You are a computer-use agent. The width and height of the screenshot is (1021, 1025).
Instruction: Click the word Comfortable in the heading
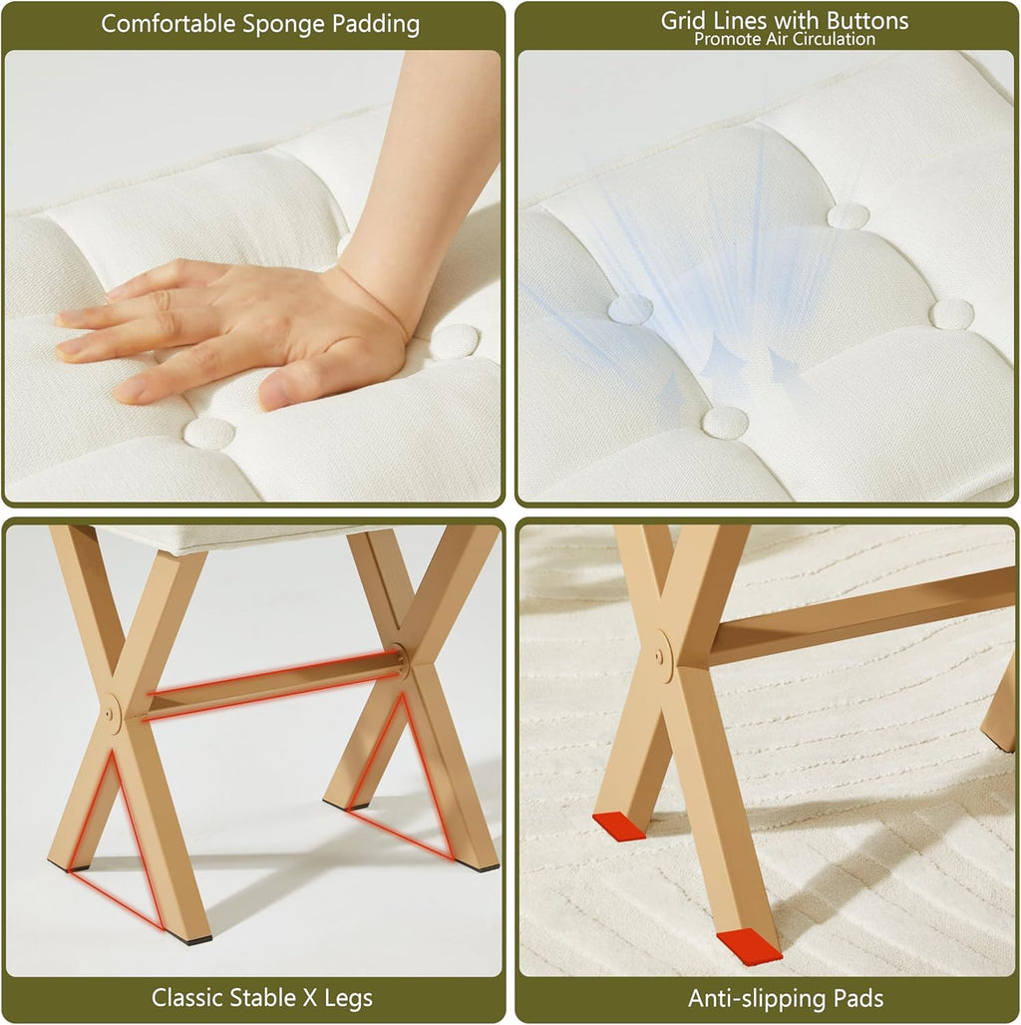coord(168,24)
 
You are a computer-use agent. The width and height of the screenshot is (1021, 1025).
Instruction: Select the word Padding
coord(376,25)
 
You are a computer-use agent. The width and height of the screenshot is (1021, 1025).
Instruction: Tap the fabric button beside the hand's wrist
coord(455,341)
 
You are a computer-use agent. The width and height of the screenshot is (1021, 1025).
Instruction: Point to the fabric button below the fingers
coord(209,434)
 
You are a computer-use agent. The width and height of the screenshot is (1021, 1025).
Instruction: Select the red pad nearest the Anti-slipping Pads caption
coord(749,945)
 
